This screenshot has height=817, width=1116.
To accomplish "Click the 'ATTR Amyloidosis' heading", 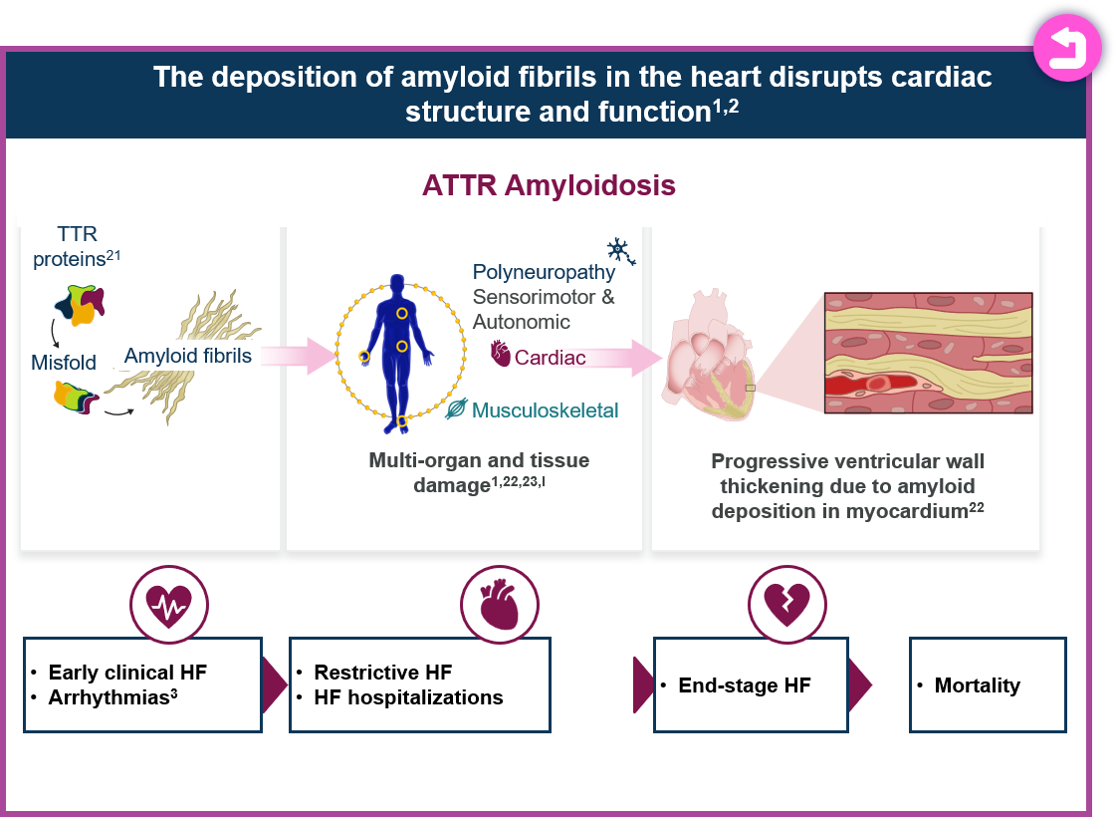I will click(549, 185).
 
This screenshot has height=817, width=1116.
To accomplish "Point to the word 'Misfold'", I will click(63, 363).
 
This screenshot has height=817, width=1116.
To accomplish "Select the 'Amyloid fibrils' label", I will click(188, 356).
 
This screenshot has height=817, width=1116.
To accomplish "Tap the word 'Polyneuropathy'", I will click(544, 272).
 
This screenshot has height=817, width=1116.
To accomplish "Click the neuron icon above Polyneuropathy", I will click(620, 252).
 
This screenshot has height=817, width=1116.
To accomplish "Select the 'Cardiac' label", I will click(550, 357).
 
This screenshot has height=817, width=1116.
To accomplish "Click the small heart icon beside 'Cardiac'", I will click(501, 355).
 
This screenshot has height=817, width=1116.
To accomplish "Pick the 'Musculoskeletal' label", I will click(545, 409).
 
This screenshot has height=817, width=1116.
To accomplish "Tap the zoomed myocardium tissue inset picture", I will click(928, 352).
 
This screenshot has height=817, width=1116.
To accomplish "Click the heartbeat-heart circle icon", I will click(168, 603).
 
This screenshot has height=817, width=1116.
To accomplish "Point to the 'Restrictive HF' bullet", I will click(382, 673).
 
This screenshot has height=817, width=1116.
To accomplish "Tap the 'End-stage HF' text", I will click(744, 685).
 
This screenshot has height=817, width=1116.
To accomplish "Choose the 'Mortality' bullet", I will click(977, 685).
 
